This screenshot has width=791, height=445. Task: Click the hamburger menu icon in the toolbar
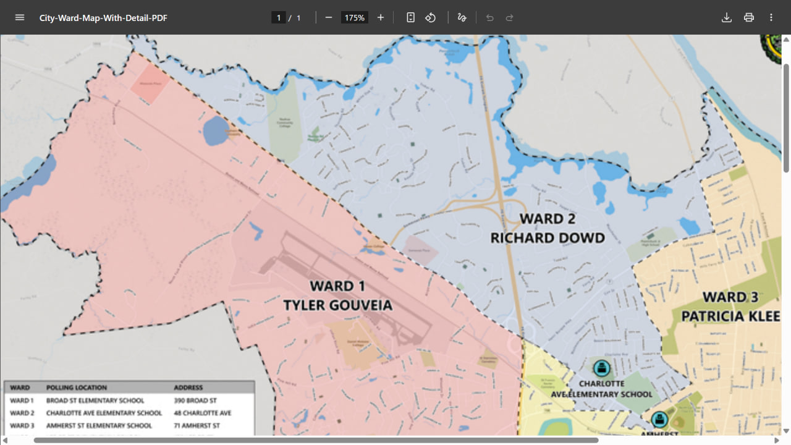(x=20, y=17)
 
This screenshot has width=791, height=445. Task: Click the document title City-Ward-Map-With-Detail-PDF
(x=103, y=18)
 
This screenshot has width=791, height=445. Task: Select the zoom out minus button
(x=329, y=17)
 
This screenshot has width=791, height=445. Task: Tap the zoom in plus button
(x=381, y=17)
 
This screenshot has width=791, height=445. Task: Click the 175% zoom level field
(x=355, y=18)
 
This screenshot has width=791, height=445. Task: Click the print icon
(x=749, y=17)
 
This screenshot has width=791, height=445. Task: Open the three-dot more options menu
(x=771, y=17)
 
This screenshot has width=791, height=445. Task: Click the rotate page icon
(x=431, y=17)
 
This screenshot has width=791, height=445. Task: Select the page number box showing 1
(x=278, y=18)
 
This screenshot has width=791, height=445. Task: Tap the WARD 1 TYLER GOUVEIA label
(x=337, y=295)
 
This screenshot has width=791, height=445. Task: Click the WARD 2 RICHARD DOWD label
(x=547, y=228)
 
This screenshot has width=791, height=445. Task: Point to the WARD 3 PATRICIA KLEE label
(x=730, y=307)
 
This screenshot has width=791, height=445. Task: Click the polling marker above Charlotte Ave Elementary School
(x=601, y=369)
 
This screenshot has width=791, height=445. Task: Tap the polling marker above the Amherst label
(x=659, y=420)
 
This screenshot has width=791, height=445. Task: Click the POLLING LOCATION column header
(x=77, y=388)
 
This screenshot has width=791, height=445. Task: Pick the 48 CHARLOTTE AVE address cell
(x=203, y=413)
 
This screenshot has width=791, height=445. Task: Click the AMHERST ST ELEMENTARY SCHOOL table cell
(x=99, y=425)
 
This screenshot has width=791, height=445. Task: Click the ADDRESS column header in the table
(x=188, y=388)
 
